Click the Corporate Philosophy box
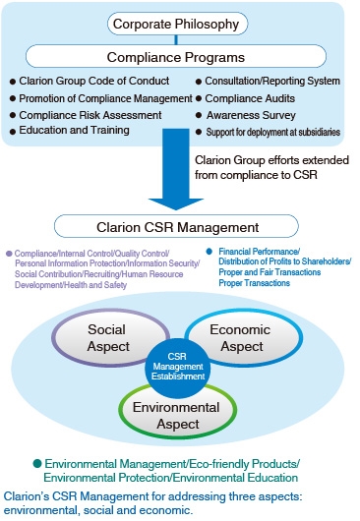click(176, 23)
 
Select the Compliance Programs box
click(175, 57)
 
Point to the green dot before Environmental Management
click(37, 461)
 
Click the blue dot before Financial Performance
click(209, 250)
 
